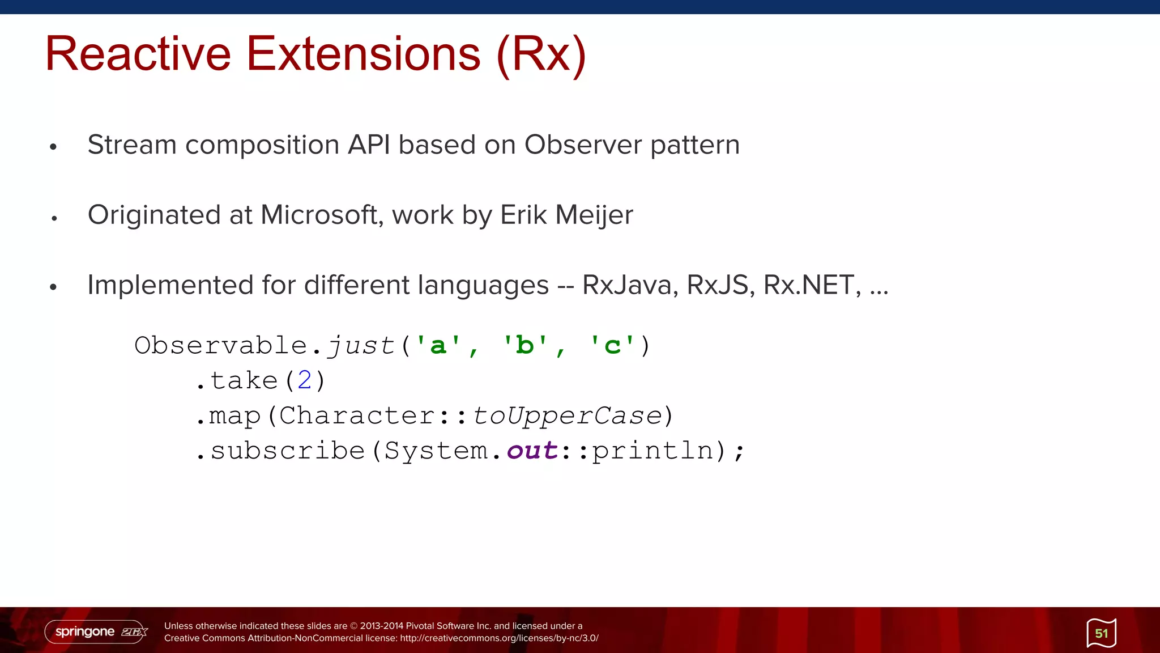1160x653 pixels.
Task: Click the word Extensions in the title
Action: coord(363,54)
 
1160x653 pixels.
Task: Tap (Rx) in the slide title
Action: coord(541,55)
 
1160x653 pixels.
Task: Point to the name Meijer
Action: coord(594,215)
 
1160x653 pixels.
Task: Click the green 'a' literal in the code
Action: coord(438,345)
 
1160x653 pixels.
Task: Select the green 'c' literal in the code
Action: coord(612,345)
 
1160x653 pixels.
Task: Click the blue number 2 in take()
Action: coord(304,380)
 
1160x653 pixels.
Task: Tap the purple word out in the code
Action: coord(532,451)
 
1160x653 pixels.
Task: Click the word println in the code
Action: coord(652,451)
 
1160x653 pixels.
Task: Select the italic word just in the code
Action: coord(361,345)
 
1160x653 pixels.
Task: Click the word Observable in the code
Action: coord(220,345)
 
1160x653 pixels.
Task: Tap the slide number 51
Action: coord(1101,633)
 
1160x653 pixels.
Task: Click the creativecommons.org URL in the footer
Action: coord(498,638)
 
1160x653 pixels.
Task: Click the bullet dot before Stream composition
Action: coord(53,147)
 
